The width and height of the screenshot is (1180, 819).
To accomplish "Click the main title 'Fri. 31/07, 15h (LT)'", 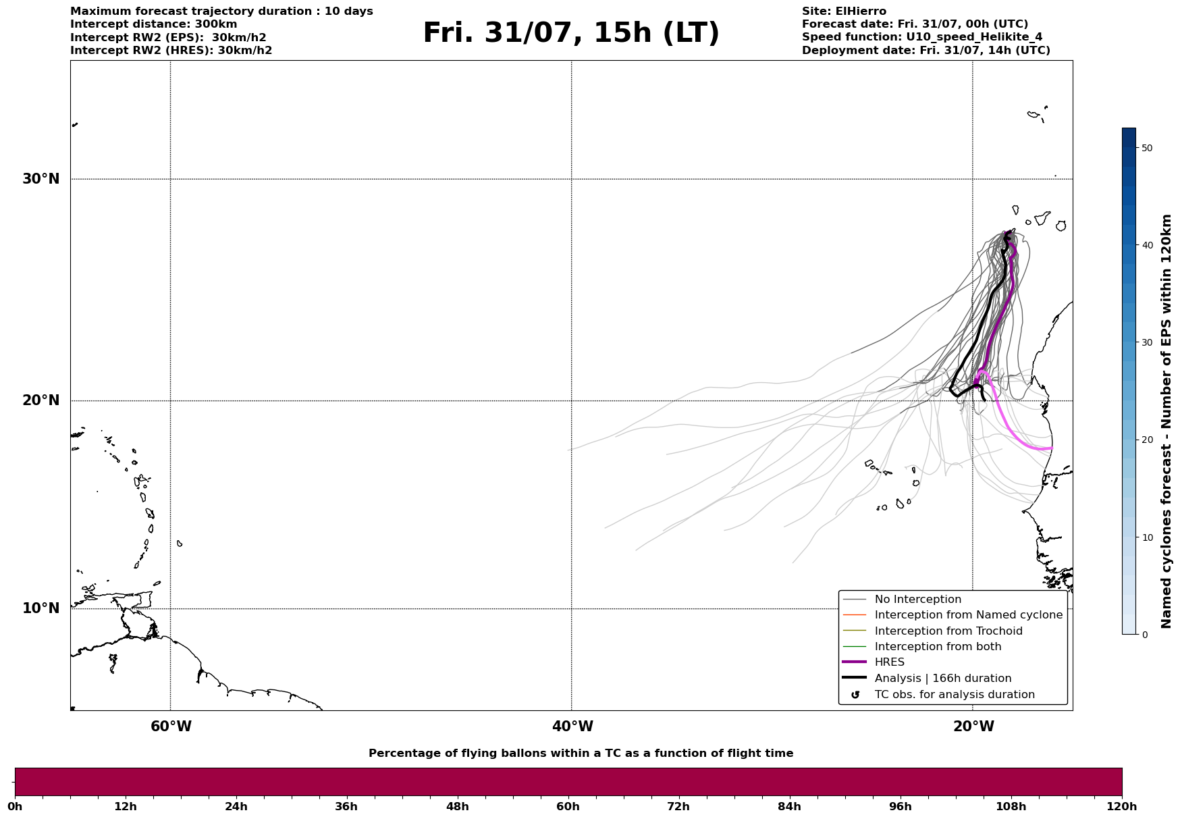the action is coord(571,33).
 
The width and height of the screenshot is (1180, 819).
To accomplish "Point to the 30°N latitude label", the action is coord(41,179).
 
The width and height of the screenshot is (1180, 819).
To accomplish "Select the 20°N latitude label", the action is coord(41,400).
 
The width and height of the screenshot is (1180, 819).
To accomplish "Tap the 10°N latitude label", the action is coord(41,608).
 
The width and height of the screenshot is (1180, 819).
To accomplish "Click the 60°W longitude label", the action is coord(171,726).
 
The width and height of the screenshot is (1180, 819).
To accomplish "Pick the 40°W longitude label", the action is coord(572,726).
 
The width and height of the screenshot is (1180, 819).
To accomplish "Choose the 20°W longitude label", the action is coord(973,726).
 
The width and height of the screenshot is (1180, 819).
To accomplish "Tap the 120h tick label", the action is coord(1122,807).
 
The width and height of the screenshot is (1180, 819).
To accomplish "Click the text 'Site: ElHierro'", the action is coord(844,11).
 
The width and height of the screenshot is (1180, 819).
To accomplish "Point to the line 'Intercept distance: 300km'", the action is coord(154,24).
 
